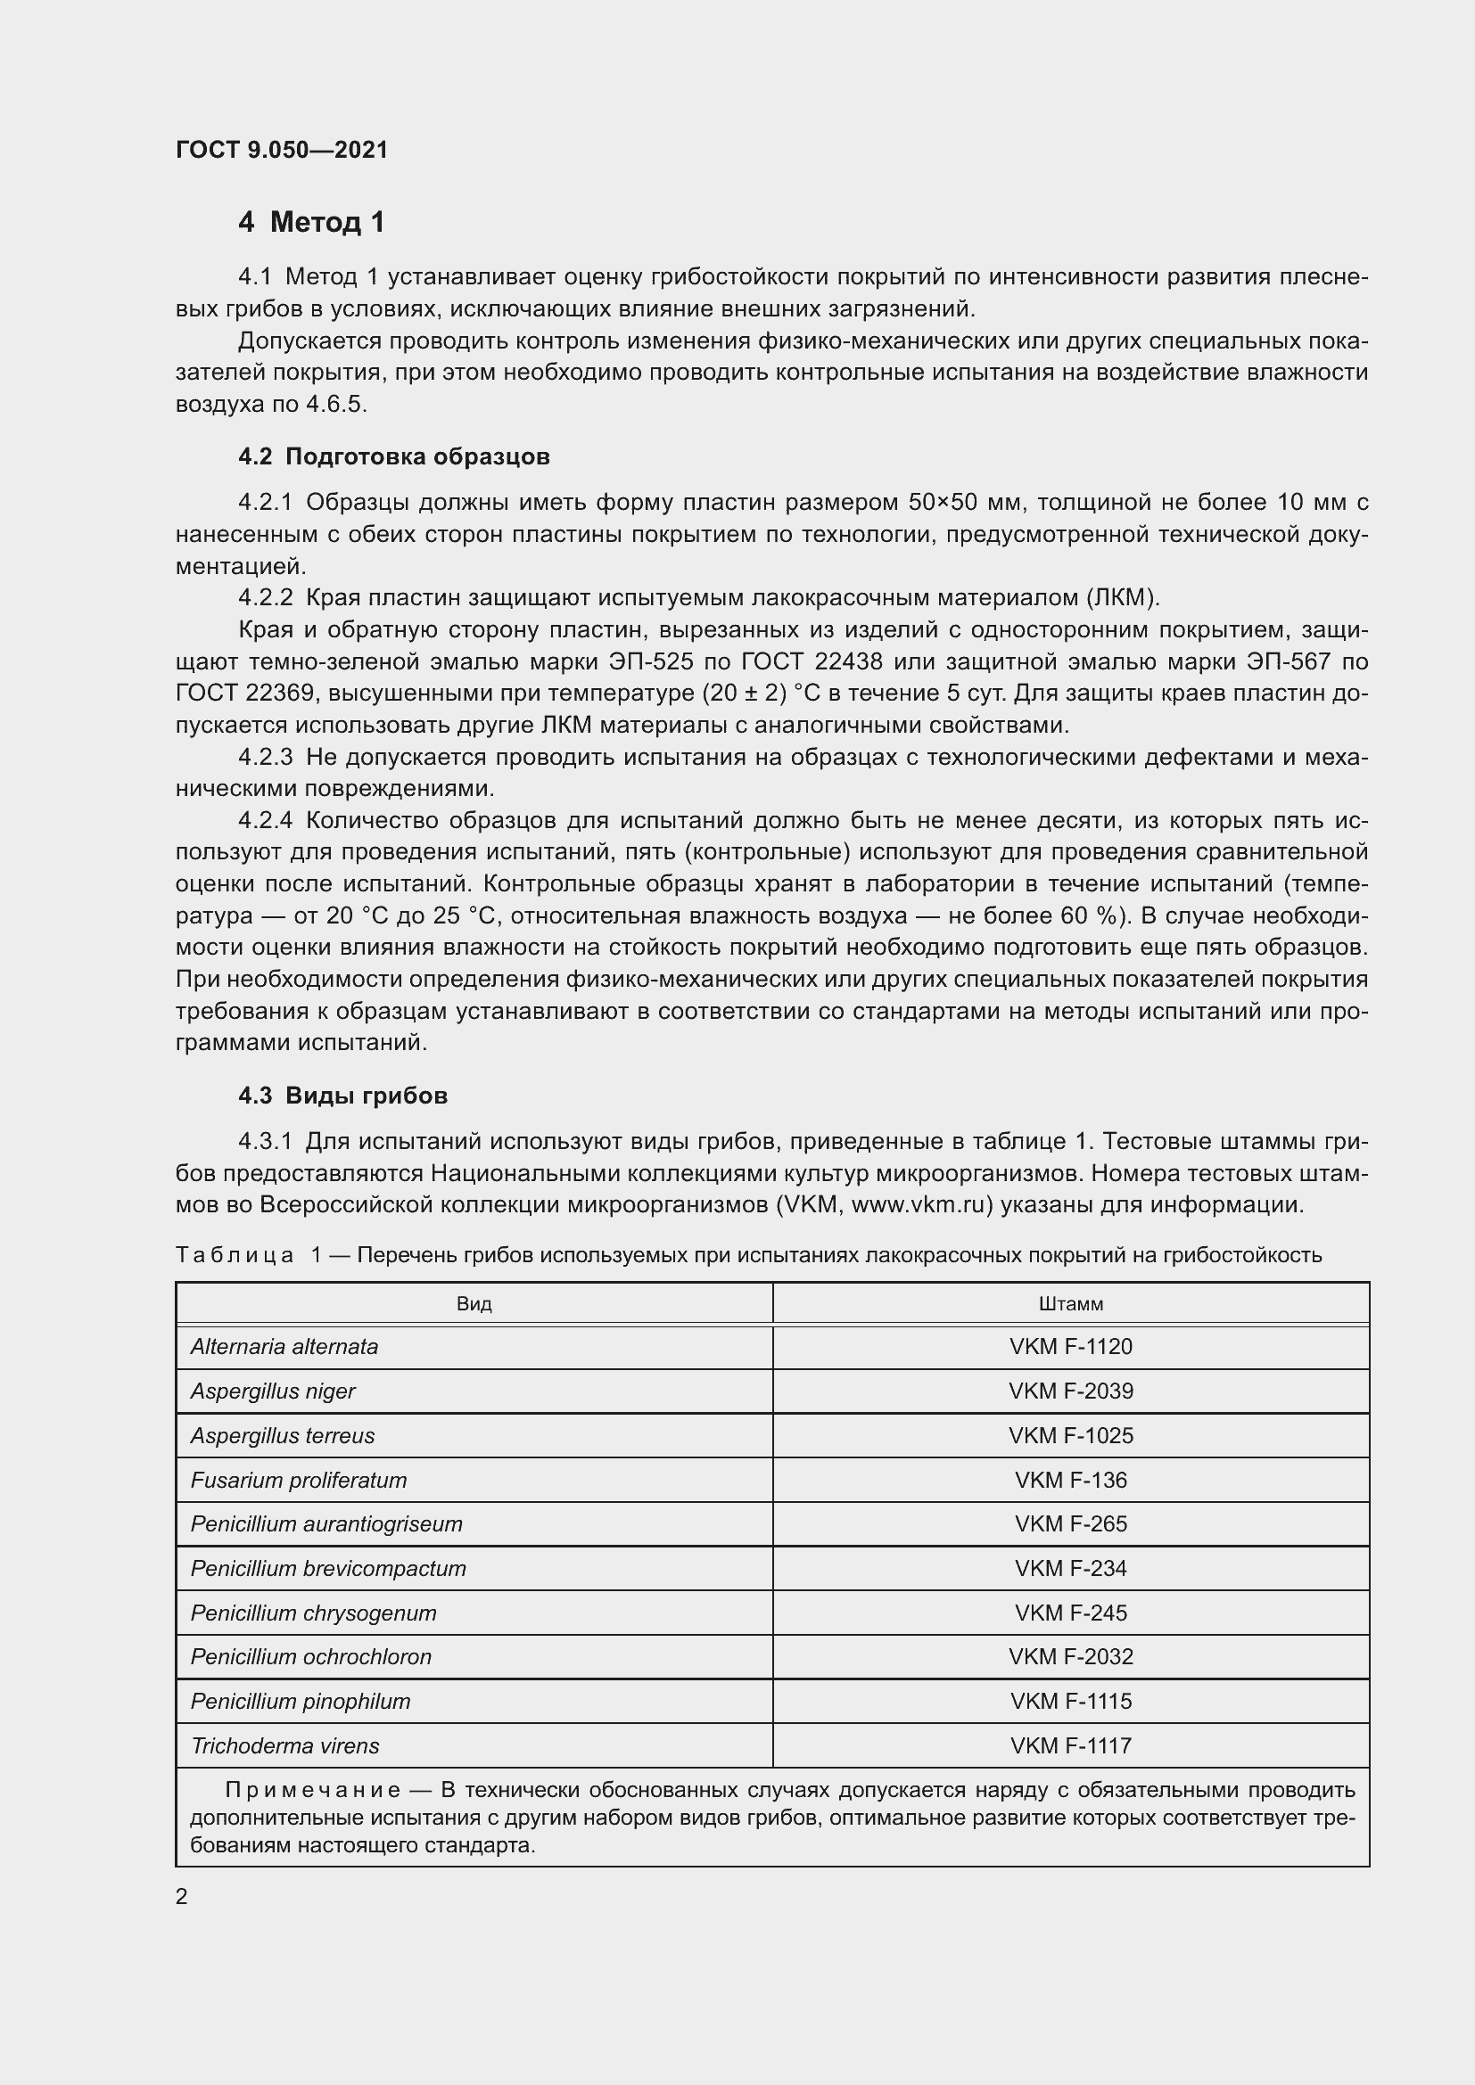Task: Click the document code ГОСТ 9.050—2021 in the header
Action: point(282,150)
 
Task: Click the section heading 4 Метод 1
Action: point(311,222)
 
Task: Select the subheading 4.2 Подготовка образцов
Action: point(394,456)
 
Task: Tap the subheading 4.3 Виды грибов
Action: point(343,1096)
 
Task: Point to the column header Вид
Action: point(474,1304)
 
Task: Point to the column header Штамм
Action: point(1071,1304)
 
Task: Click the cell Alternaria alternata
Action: point(284,1347)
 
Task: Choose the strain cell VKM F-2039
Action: point(1071,1391)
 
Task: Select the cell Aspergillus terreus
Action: point(283,1436)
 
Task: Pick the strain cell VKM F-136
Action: point(1071,1481)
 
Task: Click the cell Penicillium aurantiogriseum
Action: point(326,1523)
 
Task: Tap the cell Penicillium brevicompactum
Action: point(328,1568)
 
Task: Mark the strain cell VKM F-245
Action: point(1071,1613)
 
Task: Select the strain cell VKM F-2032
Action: point(1071,1656)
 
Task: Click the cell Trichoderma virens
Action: point(285,1745)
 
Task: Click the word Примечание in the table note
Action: point(312,1790)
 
